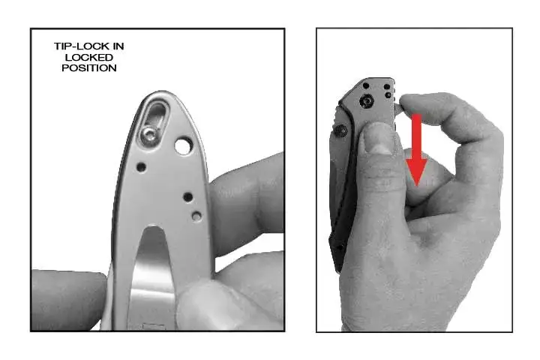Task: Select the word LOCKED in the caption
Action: tap(89, 57)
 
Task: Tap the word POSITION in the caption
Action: tap(89, 67)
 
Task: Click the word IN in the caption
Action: tap(118, 46)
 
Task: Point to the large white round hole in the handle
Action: tap(183, 145)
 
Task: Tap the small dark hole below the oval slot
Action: tap(141, 167)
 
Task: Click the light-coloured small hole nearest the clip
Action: tap(196, 216)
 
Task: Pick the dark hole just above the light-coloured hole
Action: tap(188, 197)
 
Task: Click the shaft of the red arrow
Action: tap(417, 136)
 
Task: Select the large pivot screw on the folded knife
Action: tap(367, 101)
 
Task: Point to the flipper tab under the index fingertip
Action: tap(398, 107)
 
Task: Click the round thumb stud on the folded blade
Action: tap(340, 131)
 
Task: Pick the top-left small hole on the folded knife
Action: tap(366, 85)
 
